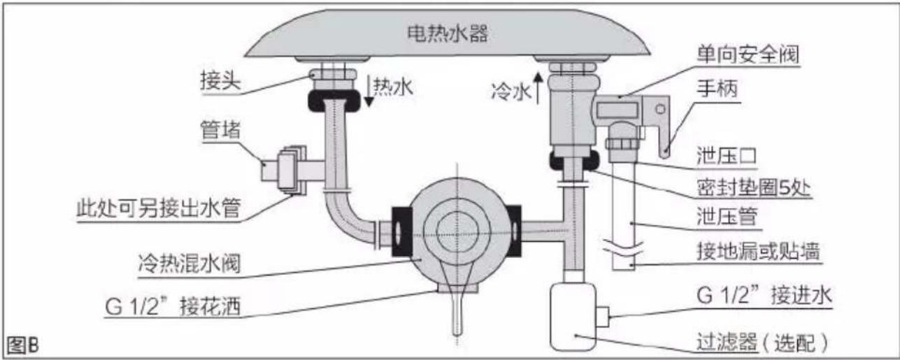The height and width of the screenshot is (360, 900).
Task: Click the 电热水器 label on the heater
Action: click(448, 34)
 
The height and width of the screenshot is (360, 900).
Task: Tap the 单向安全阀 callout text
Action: click(748, 54)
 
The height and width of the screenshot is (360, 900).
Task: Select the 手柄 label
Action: click(717, 88)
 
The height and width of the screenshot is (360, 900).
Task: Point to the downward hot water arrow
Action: click(369, 90)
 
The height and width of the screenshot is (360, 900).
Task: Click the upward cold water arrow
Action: click(538, 87)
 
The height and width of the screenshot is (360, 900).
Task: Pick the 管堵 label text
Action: click(220, 130)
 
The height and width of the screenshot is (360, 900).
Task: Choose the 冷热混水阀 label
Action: click(190, 263)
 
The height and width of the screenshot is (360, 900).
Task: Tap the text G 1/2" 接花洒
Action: click(173, 307)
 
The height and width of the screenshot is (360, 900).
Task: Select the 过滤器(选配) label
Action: click(762, 343)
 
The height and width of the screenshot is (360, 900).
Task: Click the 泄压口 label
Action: click(727, 157)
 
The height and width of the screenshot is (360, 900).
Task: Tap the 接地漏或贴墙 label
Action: click(758, 252)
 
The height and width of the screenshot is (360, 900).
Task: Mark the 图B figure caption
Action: click(23, 345)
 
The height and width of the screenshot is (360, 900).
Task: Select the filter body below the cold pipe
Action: click(573, 317)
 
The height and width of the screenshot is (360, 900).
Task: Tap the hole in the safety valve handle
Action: click(660, 109)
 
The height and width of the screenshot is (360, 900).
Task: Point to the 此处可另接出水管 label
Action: click(159, 208)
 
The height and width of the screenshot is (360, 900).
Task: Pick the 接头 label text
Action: click(220, 81)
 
